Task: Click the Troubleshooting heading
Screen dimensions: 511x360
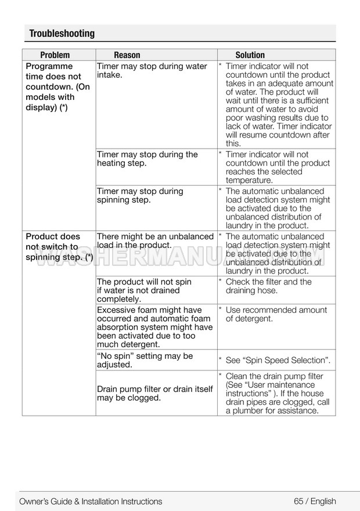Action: pos(62,34)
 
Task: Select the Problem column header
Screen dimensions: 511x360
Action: pos(55,55)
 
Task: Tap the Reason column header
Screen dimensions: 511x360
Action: pos(127,55)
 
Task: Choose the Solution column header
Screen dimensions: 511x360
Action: pos(250,55)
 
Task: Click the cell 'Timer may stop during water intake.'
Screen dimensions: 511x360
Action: pos(152,71)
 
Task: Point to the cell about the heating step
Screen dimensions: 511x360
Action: pos(147,159)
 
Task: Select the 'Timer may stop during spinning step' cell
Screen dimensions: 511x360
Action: pos(140,196)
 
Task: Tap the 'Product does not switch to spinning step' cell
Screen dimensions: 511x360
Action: pos(59,247)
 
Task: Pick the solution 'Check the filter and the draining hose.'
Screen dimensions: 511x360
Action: pos(268,286)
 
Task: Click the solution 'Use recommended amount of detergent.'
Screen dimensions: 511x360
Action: pos(276,314)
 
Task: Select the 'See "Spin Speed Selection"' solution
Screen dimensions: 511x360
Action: pos(278,361)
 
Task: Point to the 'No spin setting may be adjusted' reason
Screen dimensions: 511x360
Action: pos(145,361)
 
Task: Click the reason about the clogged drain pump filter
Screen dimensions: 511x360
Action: pos(154,394)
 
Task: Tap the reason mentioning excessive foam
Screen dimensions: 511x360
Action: pos(154,328)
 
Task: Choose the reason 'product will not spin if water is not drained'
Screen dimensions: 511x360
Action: pos(144,290)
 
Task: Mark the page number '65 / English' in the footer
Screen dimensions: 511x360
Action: pos(315,501)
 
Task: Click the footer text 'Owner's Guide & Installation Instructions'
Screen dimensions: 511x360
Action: pos(91,501)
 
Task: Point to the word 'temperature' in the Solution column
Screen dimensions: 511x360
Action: pos(249,181)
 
